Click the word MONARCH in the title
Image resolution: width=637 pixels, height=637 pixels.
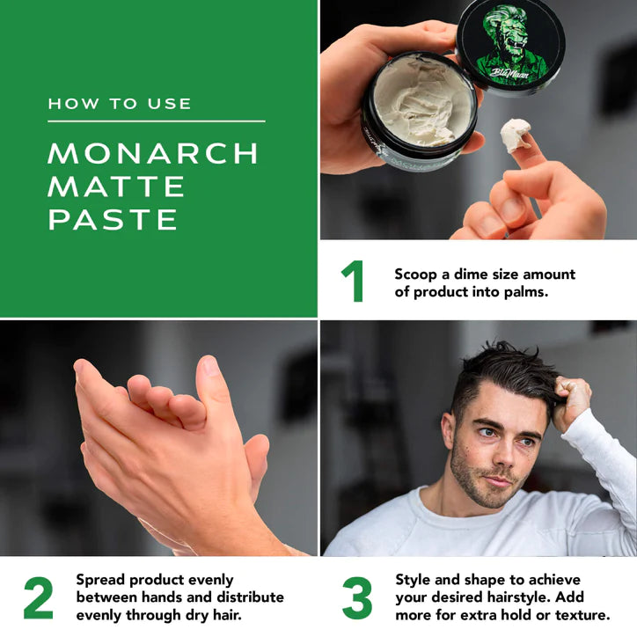coord(153,153)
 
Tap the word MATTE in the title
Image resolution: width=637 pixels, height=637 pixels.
coord(116,187)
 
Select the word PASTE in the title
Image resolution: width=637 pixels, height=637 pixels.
coord(113,220)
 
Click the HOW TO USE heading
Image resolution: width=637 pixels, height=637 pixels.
coord(120,104)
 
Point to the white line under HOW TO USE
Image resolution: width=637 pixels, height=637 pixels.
coord(157,121)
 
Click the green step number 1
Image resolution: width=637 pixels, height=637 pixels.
coord(353,282)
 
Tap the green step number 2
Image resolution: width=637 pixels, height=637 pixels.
coord(38,597)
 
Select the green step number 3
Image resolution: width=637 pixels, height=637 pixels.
coord(357,597)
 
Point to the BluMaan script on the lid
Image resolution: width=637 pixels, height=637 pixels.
coord(509,73)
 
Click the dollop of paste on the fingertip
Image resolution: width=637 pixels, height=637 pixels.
coord(515,135)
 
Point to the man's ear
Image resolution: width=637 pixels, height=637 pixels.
coord(448,434)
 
